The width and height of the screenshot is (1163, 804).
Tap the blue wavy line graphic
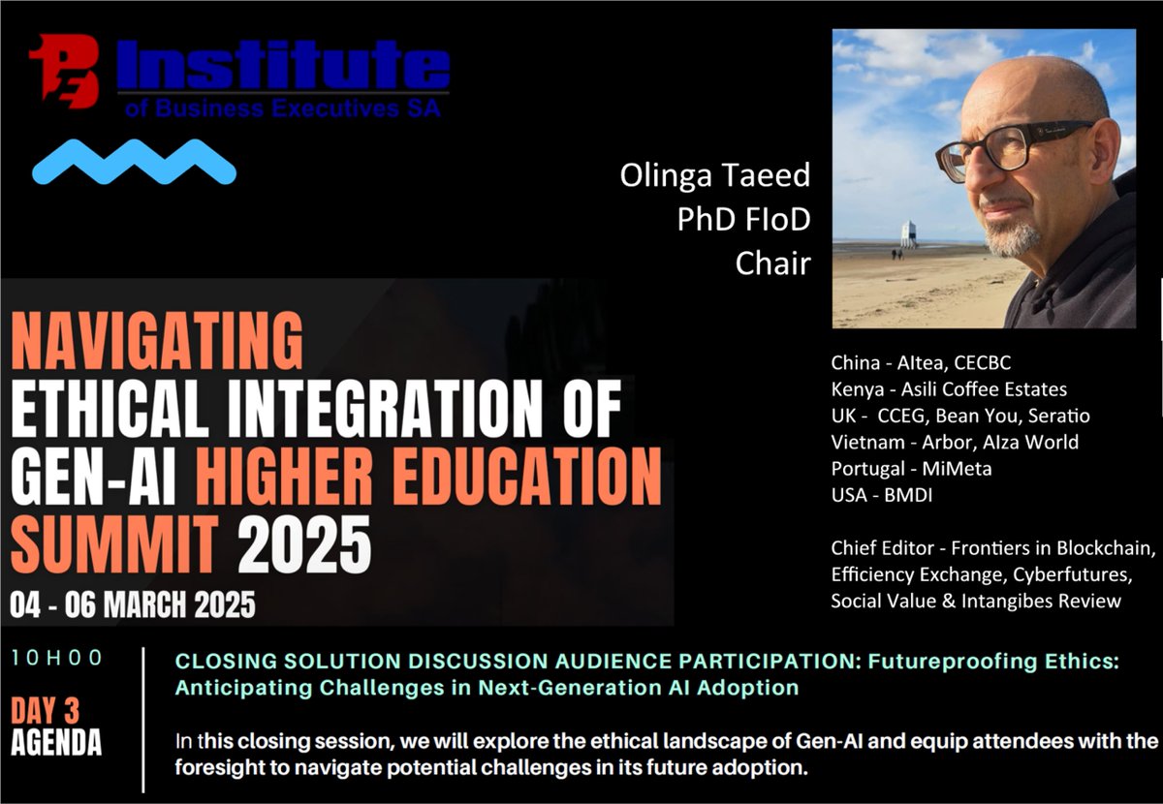(x=134, y=162)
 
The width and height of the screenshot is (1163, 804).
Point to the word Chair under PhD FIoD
(x=772, y=263)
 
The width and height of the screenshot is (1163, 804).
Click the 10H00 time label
(x=57, y=658)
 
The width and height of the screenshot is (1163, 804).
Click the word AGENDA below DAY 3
(x=56, y=743)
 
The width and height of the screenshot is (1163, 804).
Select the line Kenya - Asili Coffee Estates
(x=948, y=389)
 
